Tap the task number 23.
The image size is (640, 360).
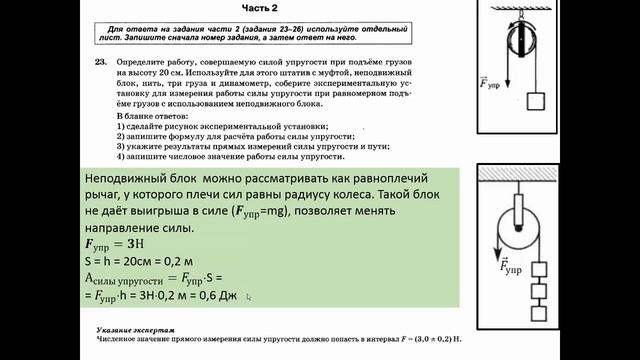[x=101, y=61]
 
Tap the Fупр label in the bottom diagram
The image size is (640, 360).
[x=510, y=266]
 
